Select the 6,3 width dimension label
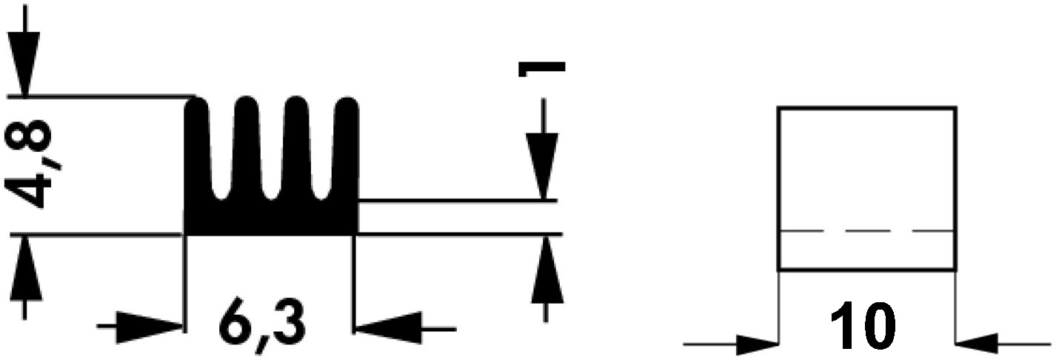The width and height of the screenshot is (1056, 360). pos(261,327)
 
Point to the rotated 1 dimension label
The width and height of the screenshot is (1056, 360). pos(541,68)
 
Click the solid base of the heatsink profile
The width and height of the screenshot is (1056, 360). pos(270,218)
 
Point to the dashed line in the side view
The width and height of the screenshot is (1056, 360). pos(867,231)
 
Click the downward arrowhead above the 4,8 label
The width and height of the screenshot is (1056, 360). pos(24,64)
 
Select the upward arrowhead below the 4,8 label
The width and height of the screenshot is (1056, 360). pos(25,267)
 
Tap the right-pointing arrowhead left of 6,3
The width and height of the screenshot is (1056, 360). pos(149,327)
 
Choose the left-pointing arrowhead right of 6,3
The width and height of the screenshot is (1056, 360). pos(389,327)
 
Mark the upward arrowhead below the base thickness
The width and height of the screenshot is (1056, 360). pos(547,268)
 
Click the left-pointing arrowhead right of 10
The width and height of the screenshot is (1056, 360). pos(977,343)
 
